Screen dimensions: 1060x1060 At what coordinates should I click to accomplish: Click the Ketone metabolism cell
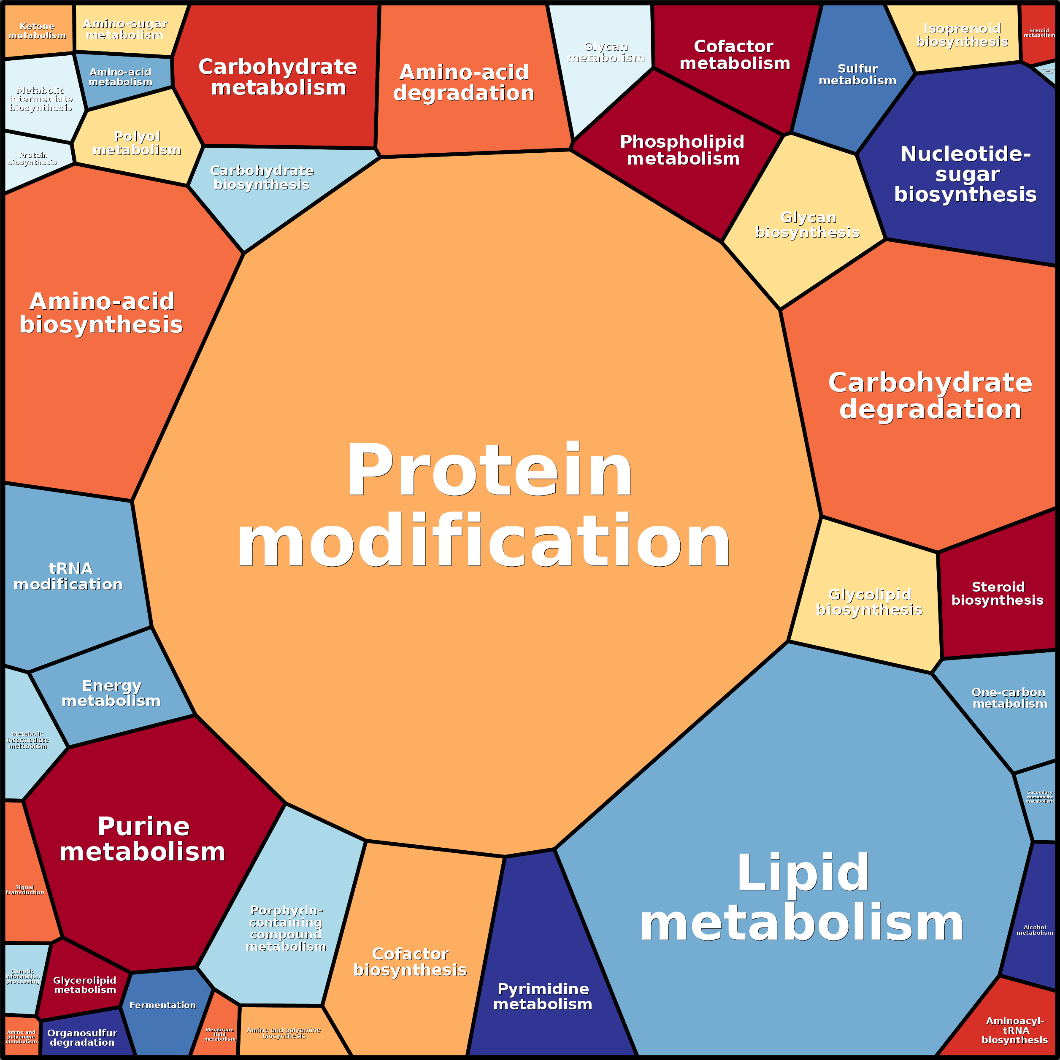click(37, 31)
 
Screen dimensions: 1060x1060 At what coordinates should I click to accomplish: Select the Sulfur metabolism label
click(857, 75)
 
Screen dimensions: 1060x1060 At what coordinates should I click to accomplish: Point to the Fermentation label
click(162, 1005)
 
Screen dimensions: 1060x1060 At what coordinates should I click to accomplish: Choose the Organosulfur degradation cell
click(82, 1038)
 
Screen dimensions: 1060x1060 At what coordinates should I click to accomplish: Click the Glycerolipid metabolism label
click(85, 985)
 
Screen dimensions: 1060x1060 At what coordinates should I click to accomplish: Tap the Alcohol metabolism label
click(1034, 930)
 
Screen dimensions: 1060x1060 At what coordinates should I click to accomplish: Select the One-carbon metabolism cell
click(1009, 698)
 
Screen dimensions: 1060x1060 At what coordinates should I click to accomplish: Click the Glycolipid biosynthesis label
click(870, 602)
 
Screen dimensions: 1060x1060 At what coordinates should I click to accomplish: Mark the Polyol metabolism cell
click(137, 143)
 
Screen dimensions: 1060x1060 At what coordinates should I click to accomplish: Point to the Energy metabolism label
click(111, 693)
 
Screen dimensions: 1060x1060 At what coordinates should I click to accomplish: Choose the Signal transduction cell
click(25, 890)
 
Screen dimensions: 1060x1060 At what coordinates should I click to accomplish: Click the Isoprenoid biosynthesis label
click(963, 35)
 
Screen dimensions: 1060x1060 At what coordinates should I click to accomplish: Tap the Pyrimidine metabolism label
click(543, 996)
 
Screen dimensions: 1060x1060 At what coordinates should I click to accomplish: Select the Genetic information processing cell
click(23, 976)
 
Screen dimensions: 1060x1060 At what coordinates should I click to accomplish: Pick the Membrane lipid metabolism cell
click(219, 1034)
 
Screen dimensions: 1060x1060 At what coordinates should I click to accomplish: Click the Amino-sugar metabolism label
click(125, 29)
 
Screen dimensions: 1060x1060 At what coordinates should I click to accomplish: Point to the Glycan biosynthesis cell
click(807, 225)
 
